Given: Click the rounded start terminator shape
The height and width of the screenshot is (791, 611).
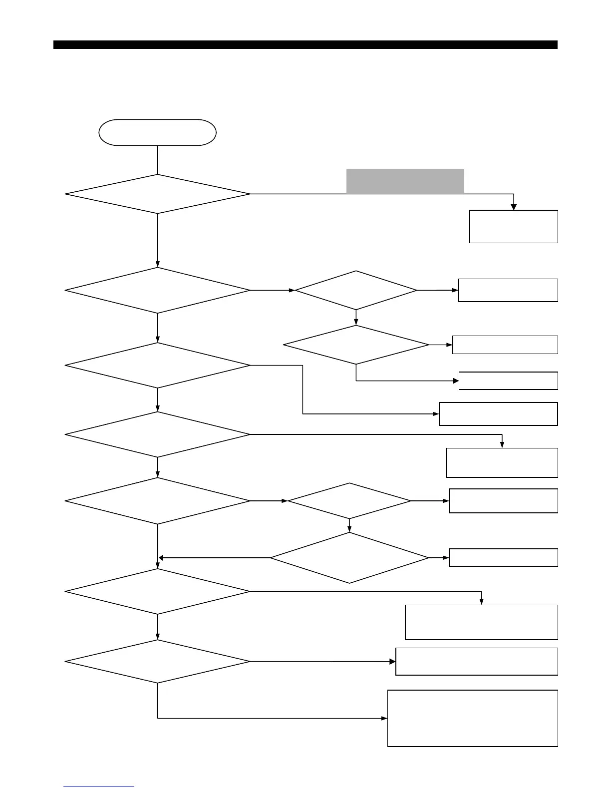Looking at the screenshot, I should coord(157,132).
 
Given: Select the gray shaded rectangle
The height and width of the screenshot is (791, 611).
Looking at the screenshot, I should coord(405,181).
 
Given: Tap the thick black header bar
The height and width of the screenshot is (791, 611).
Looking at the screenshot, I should coord(305,45).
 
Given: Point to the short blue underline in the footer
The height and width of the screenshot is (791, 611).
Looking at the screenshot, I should coord(99,787).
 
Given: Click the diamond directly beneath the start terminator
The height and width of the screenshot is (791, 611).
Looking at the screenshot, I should coord(157,194).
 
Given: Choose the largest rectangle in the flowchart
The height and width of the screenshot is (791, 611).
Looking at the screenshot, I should coord(472,718).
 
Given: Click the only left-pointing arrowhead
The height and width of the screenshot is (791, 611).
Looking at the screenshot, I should coord(161,558).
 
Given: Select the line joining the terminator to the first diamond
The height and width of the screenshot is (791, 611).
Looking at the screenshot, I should coord(157,160).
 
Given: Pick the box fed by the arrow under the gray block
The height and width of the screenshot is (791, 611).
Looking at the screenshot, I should coord(513,226).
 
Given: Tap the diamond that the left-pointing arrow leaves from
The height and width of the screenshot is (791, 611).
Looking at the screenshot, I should coord(349,558).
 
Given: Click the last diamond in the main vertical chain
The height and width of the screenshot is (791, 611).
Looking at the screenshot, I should coord(157,662).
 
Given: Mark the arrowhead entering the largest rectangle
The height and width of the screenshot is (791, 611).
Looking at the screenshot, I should coord(385,718).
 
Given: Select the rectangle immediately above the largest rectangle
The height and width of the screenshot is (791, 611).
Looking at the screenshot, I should coord(476,662).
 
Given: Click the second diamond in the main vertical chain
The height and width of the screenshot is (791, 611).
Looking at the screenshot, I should coord(157,290).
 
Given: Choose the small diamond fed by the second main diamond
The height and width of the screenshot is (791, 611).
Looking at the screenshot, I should coord(356,290).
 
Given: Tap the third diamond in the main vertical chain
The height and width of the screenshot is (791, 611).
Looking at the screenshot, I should coord(157,365).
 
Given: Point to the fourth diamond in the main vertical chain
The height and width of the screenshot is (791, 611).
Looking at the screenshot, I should coord(157,434).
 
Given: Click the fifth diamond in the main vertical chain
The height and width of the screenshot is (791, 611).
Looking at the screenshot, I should coord(157,501).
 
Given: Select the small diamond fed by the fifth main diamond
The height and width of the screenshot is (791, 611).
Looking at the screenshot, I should coord(349,501).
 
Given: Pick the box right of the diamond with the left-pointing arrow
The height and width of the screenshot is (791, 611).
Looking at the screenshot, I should coord(503,557).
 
